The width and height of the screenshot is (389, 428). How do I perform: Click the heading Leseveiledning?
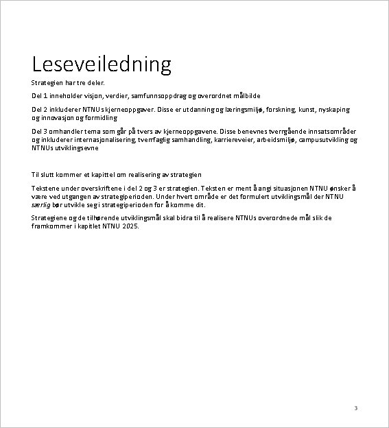pyautogui.click(x=101, y=64)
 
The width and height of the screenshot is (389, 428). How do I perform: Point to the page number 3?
pyautogui.click(x=355, y=408)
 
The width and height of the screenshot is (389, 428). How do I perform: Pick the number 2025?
pyautogui.click(x=130, y=226)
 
